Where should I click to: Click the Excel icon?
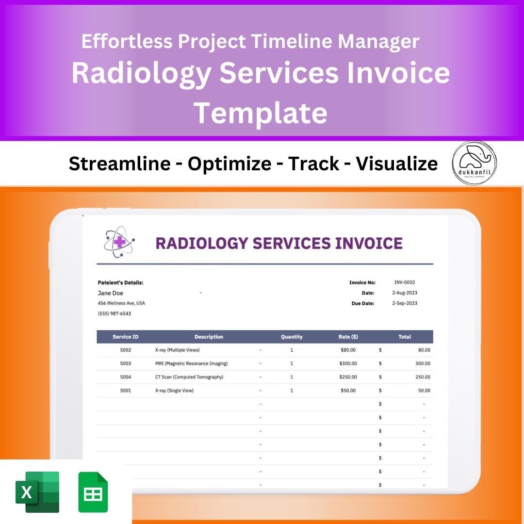click(37, 492)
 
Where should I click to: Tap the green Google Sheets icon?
click(93, 492)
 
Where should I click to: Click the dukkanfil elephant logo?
click(474, 163)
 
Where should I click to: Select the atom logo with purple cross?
click(119, 243)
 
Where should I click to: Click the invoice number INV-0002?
click(404, 282)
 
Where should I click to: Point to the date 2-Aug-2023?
click(404, 293)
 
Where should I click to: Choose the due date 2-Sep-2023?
click(404, 303)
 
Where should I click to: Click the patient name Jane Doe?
click(111, 293)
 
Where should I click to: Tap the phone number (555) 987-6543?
click(115, 313)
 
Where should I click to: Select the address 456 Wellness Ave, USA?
click(121, 303)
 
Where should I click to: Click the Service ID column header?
click(125, 337)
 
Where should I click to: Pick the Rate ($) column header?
click(348, 337)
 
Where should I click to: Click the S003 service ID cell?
click(125, 363)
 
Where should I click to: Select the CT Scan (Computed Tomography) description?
click(189, 377)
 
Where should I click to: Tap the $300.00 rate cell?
click(348, 363)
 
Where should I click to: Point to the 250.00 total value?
click(423, 377)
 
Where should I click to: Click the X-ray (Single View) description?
click(174, 391)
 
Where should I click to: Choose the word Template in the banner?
click(261, 113)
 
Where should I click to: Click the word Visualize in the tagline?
click(397, 164)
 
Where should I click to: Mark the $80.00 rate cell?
click(348, 350)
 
